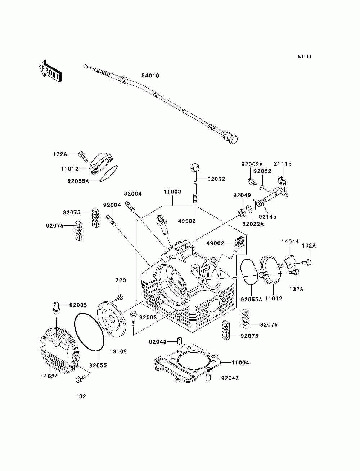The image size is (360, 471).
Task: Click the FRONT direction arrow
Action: tap(50, 71)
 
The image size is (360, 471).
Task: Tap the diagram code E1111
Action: tap(305, 57)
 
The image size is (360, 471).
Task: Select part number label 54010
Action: tap(150, 76)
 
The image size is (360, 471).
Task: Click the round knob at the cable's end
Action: tap(233, 139)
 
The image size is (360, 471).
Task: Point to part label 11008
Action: tap(172, 192)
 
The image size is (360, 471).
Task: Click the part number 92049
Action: tap(242, 195)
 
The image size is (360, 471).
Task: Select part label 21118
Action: tap(282, 164)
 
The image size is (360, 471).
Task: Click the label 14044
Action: tap(290, 241)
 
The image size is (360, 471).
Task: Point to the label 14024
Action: tap(49, 376)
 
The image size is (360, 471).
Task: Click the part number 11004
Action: tap(240, 362)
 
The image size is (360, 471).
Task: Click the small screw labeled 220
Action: tap(119, 297)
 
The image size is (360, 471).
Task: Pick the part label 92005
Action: tap(78, 305)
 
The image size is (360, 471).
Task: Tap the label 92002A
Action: tap(252, 164)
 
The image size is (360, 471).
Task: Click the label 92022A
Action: tap(253, 224)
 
